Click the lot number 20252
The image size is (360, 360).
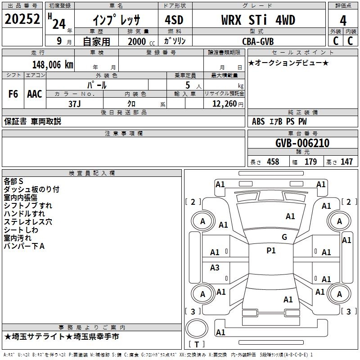(x=22, y=19)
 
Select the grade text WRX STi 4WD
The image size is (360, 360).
(x=258, y=20)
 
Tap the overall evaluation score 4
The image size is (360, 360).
(x=343, y=21)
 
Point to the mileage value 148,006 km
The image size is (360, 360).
(x=53, y=65)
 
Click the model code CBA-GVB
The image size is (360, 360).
(x=258, y=41)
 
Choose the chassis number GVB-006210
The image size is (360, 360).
(x=302, y=143)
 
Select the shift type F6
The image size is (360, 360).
(x=13, y=94)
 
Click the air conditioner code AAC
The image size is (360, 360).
(x=35, y=94)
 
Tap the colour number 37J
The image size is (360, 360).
(x=75, y=104)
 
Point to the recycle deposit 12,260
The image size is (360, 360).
(x=225, y=104)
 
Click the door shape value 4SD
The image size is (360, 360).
(x=174, y=20)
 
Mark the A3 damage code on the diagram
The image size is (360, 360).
(x=215, y=267)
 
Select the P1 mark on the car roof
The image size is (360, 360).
(x=271, y=251)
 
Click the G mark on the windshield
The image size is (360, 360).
(x=284, y=237)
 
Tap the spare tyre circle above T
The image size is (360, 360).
(x=197, y=328)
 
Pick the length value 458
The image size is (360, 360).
(x=273, y=162)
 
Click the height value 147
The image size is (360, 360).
(x=346, y=162)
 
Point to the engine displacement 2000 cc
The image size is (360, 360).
(x=141, y=41)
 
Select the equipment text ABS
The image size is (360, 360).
(x=258, y=121)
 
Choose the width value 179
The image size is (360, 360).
(x=310, y=162)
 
